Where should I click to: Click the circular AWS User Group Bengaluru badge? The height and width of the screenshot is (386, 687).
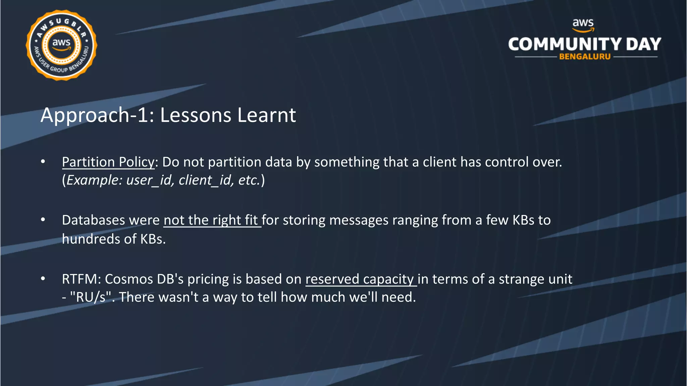point(61,45)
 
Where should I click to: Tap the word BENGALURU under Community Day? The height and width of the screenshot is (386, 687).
point(585,57)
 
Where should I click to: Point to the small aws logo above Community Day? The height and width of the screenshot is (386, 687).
point(583,24)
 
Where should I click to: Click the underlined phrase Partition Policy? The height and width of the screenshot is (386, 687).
point(108,162)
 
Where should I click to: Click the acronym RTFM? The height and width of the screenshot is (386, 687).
point(80,279)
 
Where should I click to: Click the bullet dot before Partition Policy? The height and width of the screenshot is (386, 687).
point(43,162)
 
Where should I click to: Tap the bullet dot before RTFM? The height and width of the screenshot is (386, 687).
point(43,279)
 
